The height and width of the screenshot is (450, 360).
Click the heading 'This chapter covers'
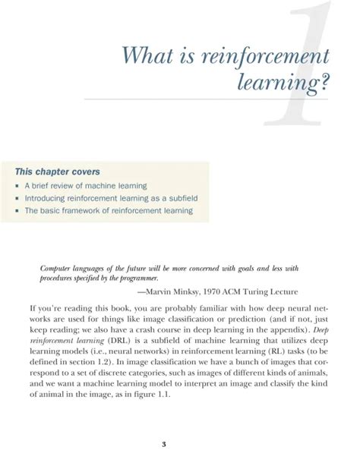pyautogui.click(x=55, y=172)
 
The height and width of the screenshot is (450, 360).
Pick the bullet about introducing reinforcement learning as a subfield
pyautogui.click(x=111, y=198)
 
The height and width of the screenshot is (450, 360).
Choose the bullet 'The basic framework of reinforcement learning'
pyautogui.click(x=109, y=211)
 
